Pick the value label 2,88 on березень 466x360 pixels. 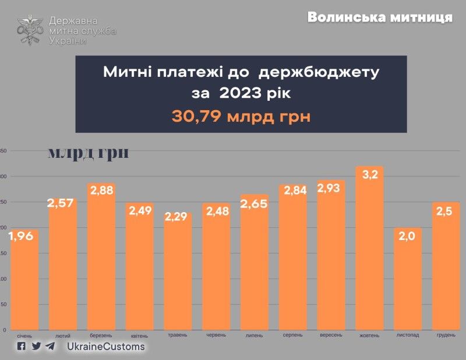coord(101,190)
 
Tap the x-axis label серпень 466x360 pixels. coord(292,336)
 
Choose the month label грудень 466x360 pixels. coord(446,336)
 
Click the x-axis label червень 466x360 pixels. coord(216,336)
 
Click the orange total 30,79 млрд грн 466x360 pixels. coord(241,116)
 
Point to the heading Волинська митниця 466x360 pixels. coord(380,17)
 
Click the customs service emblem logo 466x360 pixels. coord(30,30)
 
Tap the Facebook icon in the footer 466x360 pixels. coord(22,346)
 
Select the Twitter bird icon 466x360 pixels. coord(36,346)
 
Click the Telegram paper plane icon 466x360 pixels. coord(51,346)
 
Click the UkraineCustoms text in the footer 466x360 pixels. coord(105,347)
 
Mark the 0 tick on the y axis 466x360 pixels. coord(4,330)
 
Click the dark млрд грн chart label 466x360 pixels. coord(88,153)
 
